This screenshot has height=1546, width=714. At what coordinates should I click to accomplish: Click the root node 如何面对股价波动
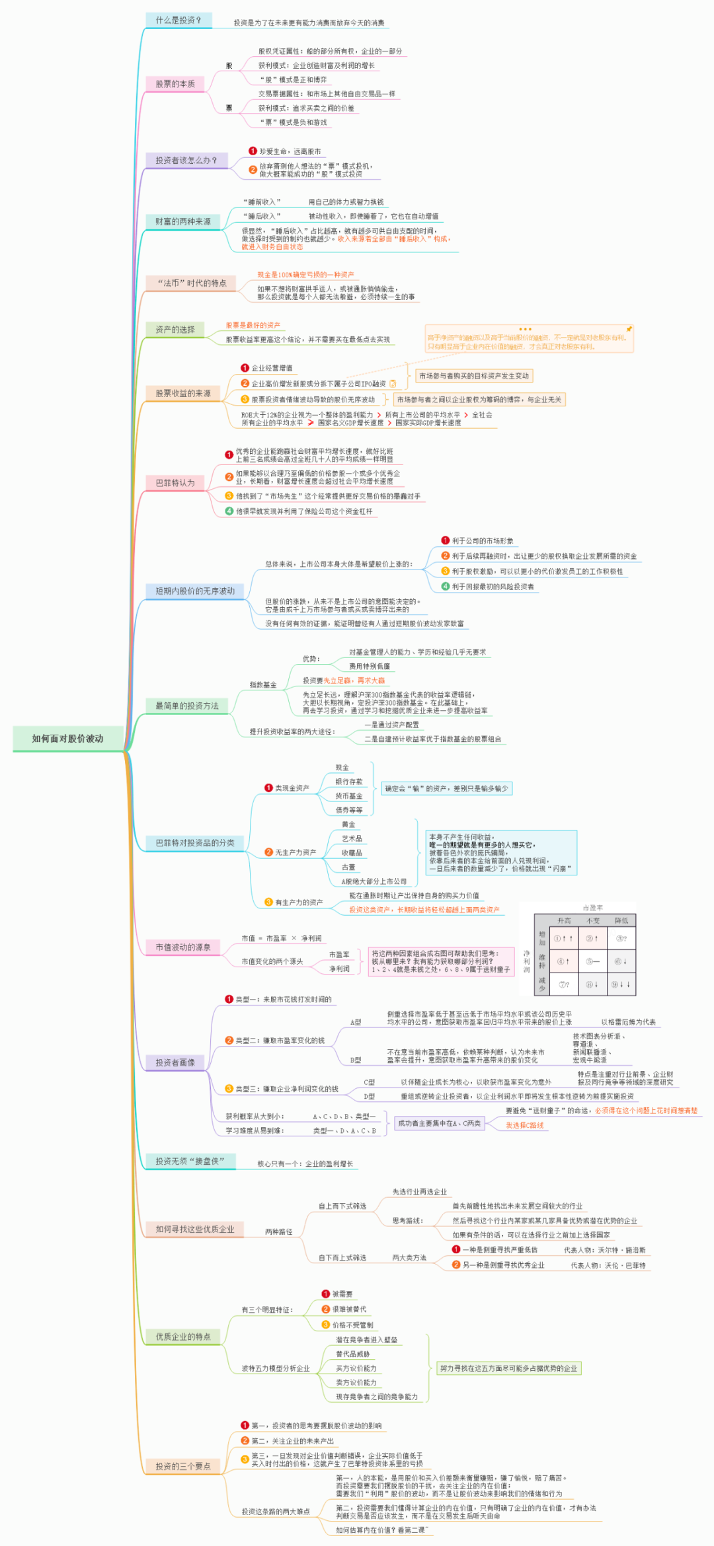pyautogui.click(x=67, y=739)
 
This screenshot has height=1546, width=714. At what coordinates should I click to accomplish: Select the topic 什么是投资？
pyautogui.click(x=178, y=20)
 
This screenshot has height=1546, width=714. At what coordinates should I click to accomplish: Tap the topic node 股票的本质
pyautogui.click(x=175, y=84)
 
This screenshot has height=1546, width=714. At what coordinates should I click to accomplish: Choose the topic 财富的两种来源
pyautogui.click(x=183, y=222)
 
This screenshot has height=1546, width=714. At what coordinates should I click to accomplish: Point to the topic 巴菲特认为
pyautogui.click(x=175, y=483)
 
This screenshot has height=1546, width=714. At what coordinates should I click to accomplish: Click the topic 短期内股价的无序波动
pyautogui.click(x=195, y=591)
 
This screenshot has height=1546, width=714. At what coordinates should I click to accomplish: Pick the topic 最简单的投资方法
pyautogui.click(x=187, y=706)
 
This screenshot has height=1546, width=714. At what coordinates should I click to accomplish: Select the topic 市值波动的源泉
pyautogui.click(x=183, y=947)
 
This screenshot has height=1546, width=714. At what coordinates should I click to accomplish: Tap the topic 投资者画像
pyautogui.click(x=175, y=1062)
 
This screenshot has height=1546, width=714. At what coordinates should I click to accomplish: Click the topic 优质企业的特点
pyautogui.click(x=183, y=1337)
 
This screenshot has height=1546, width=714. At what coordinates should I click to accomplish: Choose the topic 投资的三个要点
pyautogui.click(x=183, y=1466)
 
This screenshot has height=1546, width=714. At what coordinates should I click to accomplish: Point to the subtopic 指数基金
pyautogui.click(x=263, y=685)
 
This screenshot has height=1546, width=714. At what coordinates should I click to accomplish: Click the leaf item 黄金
pyautogui.click(x=348, y=825)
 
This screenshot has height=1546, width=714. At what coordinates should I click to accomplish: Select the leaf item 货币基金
pyautogui.click(x=348, y=796)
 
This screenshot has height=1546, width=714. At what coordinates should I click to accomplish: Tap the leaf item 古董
pyautogui.click(x=348, y=867)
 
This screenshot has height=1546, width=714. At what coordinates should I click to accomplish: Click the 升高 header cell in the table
pyautogui.click(x=564, y=920)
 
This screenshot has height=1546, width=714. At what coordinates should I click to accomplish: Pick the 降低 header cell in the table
pyautogui.click(x=621, y=920)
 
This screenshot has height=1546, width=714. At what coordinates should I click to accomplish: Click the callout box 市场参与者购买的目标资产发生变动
pyautogui.click(x=474, y=376)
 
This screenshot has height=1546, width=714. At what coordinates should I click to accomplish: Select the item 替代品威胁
pyautogui.click(x=353, y=1354)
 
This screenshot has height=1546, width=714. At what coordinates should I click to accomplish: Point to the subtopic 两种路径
pyautogui.click(x=278, y=1232)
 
